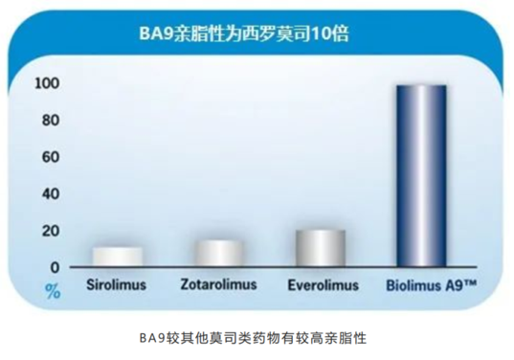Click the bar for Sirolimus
click(x=118, y=257)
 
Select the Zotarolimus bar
click(x=219, y=253)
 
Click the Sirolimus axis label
click(x=118, y=284)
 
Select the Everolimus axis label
click(x=323, y=284)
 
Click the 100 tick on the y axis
click(x=48, y=84)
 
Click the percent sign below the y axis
click(x=53, y=291)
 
